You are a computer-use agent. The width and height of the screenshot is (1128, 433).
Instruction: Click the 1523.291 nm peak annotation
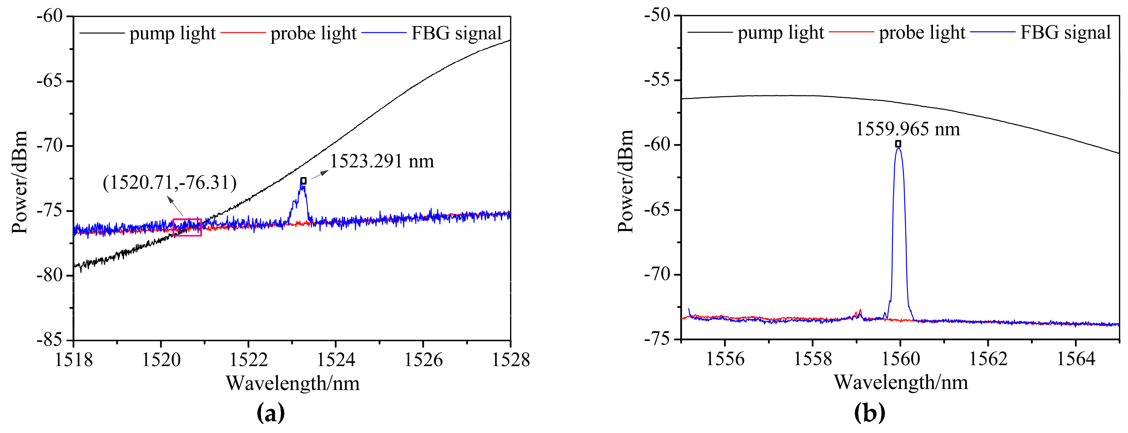coord(381,161)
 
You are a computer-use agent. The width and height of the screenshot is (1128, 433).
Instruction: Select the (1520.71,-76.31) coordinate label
coord(170,182)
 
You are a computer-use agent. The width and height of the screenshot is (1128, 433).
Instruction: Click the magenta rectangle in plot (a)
coord(187,227)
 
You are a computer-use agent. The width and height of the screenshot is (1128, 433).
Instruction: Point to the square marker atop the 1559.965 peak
coord(898,144)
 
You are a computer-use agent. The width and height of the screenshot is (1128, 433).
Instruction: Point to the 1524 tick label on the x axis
coord(335,360)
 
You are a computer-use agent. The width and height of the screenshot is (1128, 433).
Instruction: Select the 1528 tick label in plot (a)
coord(510,360)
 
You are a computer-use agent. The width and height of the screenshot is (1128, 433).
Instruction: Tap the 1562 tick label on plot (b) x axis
coord(988,359)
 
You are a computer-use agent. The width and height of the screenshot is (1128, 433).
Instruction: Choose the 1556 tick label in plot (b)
coord(725,359)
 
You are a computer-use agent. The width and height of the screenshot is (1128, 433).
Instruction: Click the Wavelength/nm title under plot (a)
coord(292,383)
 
